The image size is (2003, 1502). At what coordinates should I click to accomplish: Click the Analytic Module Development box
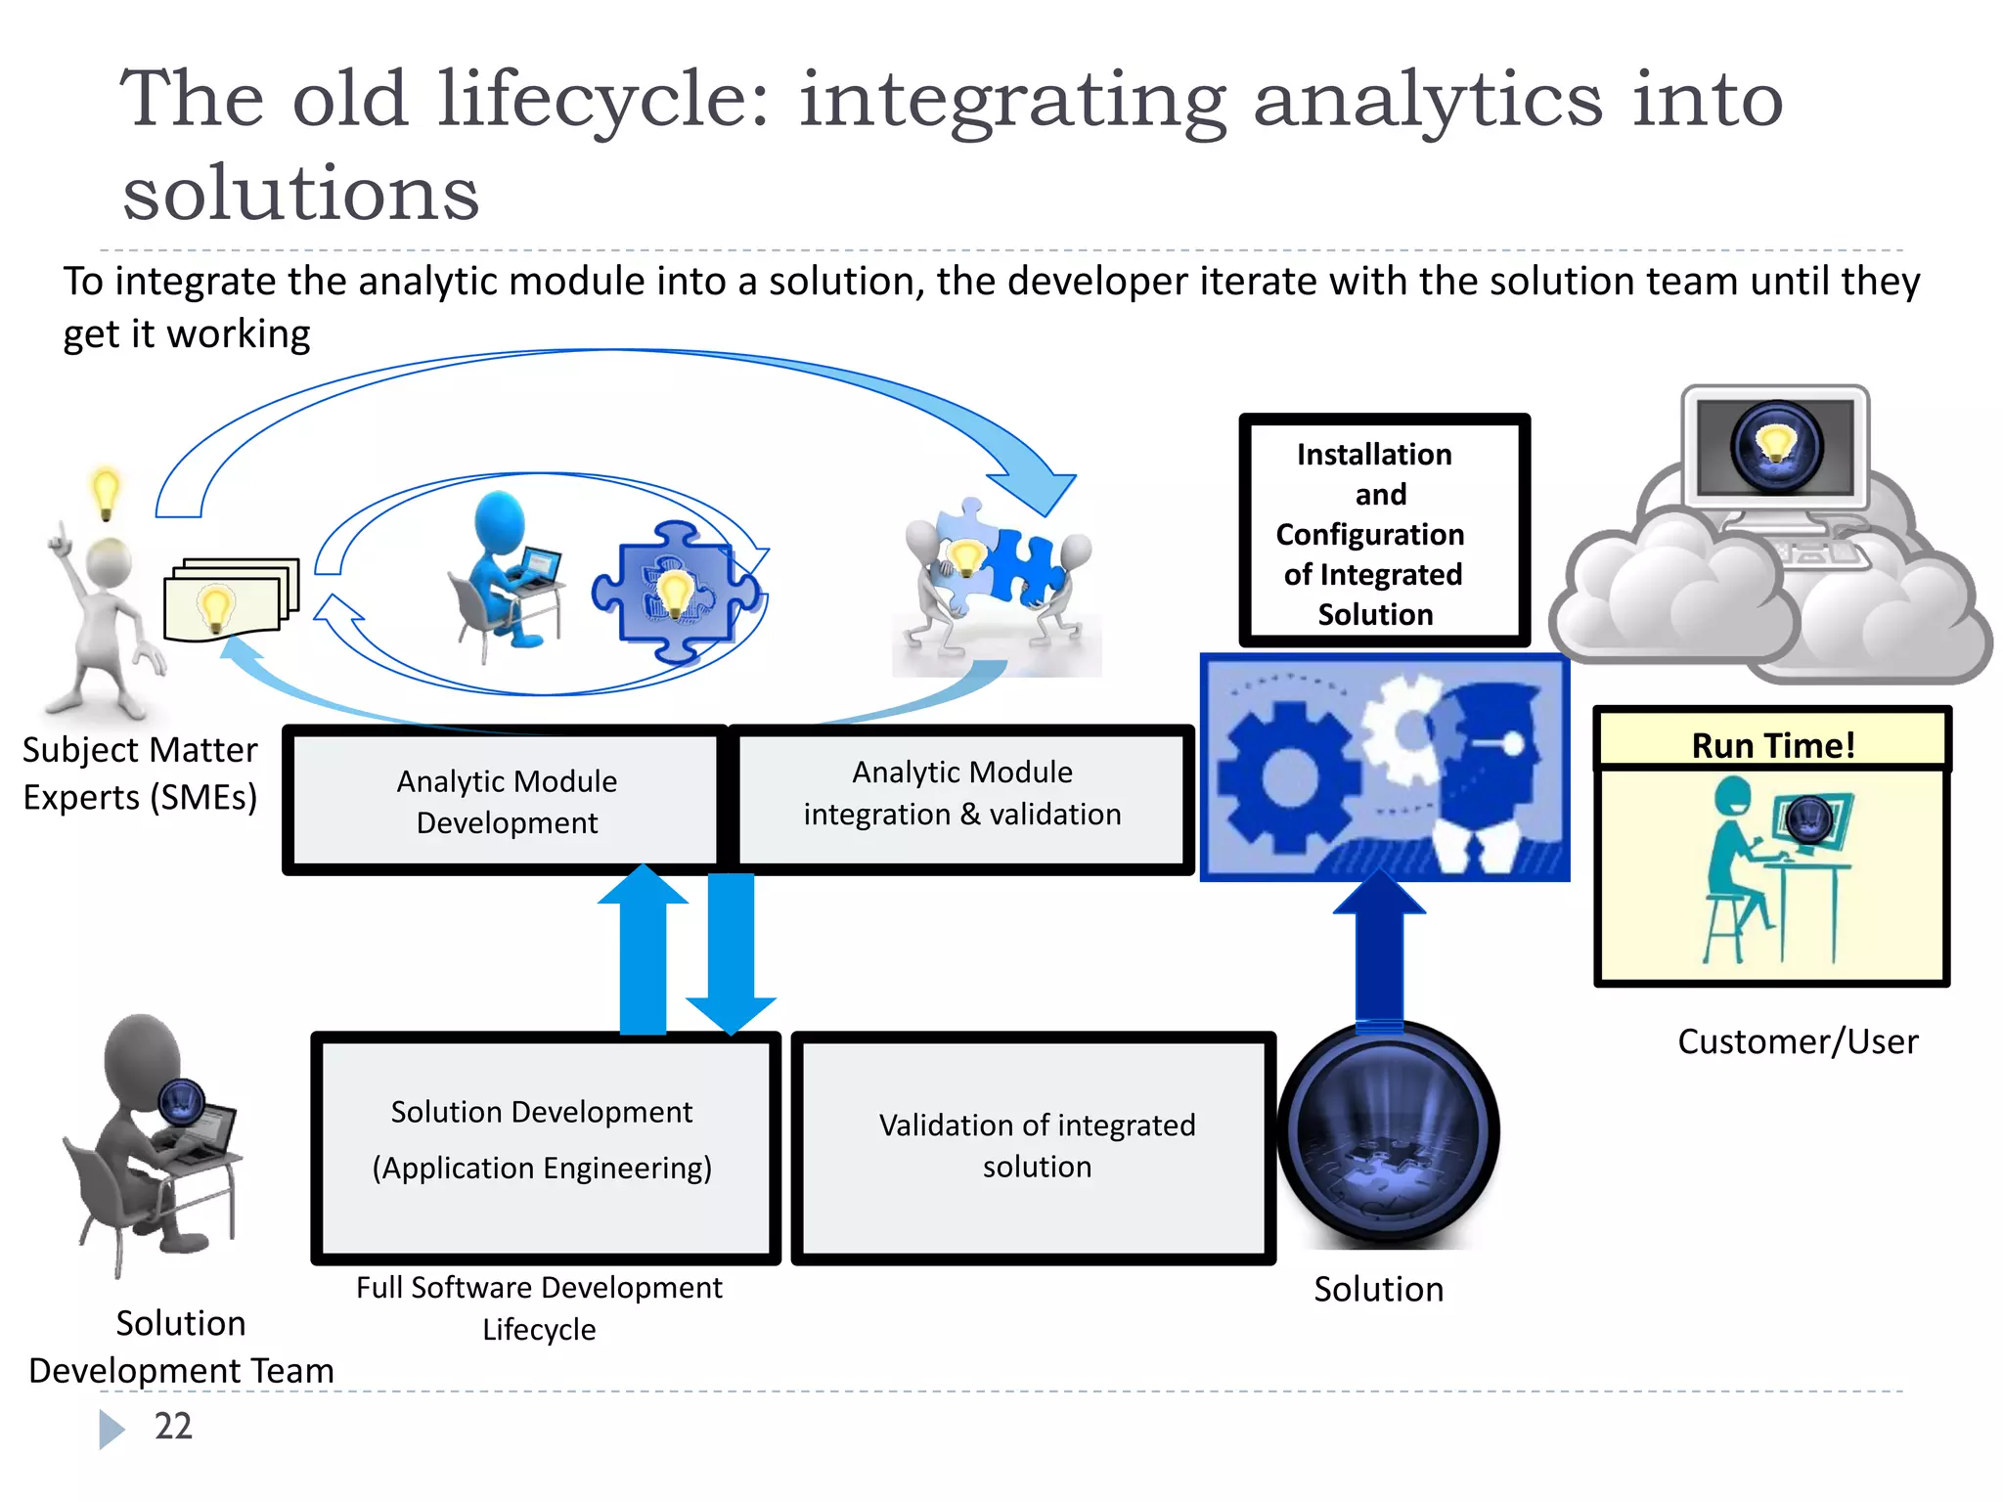click(506, 801)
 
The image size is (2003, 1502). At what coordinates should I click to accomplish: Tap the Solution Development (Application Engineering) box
click(543, 1143)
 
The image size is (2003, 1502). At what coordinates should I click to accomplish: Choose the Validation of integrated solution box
click(1036, 1145)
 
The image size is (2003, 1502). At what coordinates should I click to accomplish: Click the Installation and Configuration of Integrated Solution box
click(1382, 533)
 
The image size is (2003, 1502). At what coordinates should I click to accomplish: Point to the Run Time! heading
click(1772, 745)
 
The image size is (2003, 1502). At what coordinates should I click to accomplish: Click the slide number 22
click(173, 1427)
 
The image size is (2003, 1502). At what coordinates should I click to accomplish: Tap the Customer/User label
click(1798, 1041)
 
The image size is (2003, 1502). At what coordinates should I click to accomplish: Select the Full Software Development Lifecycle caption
click(539, 1308)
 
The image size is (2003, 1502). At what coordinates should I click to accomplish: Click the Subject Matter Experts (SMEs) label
click(140, 773)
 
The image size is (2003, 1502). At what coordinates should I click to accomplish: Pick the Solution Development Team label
click(181, 1347)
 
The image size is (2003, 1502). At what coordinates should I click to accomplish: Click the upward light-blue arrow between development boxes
click(644, 949)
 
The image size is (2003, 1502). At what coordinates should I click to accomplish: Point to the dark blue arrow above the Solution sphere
click(1379, 949)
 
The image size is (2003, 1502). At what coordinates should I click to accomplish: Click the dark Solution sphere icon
click(1388, 1134)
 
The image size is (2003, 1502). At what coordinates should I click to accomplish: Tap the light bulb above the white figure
click(106, 491)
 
